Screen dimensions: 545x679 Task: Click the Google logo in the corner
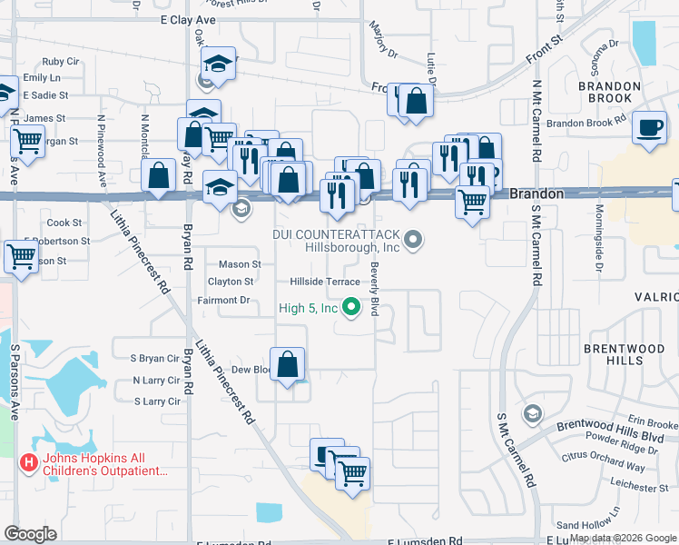tap(32, 534)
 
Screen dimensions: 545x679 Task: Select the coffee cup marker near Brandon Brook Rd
tap(650, 128)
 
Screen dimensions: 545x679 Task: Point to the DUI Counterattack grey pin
tap(413, 240)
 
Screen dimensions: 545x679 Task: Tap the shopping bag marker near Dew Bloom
tap(288, 365)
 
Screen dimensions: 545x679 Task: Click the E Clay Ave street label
tap(190, 18)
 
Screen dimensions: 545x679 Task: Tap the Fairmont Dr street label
tap(222, 300)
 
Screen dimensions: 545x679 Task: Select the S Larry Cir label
tap(157, 401)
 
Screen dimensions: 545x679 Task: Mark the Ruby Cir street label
tap(60, 62)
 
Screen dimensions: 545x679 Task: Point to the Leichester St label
tap(640, 488)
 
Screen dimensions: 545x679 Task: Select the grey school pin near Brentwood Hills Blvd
tap(533, 414)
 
